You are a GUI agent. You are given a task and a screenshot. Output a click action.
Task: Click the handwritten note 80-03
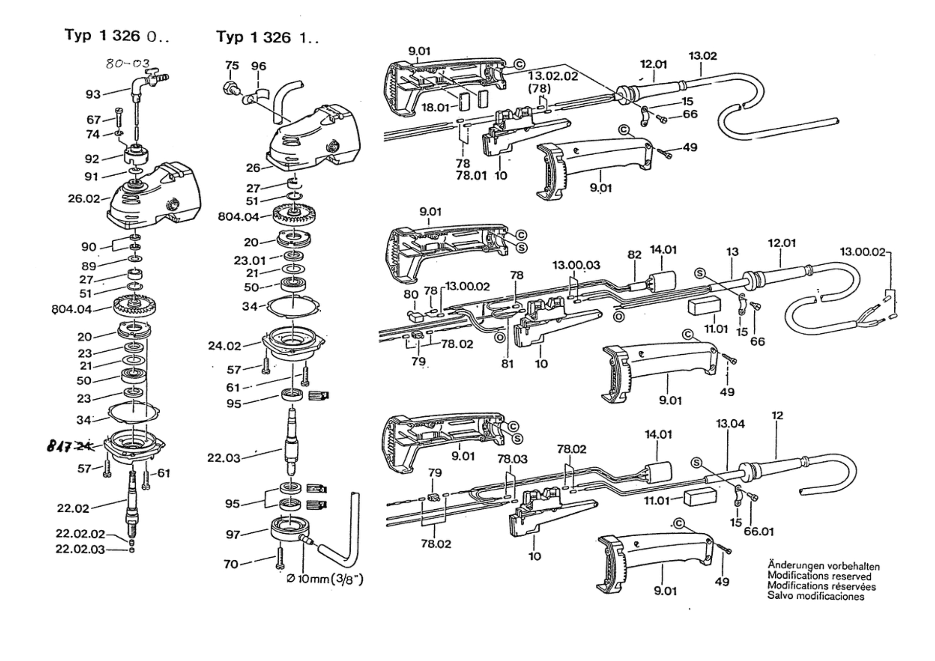(x=127, y=64)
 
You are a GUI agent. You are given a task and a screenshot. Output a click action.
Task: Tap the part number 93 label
(x=93, y=94)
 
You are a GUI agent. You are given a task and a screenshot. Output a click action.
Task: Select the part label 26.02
(x=84, y=198)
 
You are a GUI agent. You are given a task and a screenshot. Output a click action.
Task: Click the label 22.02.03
(x=80, y=549)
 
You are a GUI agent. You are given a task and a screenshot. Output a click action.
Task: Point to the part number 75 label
(x=232, y=66)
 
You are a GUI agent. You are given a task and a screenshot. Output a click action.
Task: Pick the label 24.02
(x=225, y=346)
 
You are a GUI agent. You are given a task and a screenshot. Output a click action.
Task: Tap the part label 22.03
(x=224, y=458)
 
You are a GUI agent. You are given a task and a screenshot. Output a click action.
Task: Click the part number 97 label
(x=233, y=535)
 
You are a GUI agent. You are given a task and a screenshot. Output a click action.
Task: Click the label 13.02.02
(x=553, y=76)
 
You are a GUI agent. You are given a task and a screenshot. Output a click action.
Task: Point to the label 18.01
(x=435, y=107)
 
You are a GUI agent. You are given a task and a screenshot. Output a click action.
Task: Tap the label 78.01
(x=471, y=175)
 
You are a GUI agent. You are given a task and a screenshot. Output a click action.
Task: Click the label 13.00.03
(x=576, y=265)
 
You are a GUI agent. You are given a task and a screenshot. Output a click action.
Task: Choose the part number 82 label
(x=634, y=255)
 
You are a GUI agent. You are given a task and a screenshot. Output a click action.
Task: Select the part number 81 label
(x=507, y=363)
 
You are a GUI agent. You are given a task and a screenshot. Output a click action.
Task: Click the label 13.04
(x=730, y=424)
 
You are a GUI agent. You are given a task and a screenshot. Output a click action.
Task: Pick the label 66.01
(x=759, y=532)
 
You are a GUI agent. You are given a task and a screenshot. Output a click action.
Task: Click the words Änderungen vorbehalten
(x=824, y=566)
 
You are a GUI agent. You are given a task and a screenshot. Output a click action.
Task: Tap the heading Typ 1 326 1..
(x=268, y=37)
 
